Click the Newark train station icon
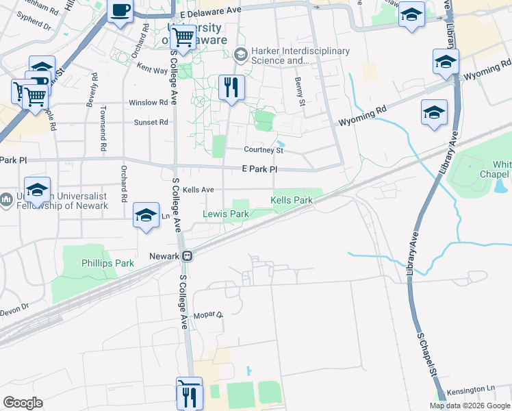point(186,256)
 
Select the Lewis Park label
point(226,214)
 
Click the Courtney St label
point(264,150)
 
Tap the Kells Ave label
point(199,190)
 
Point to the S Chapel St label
point(426,356)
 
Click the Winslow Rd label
point(149,103)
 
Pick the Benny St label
point(298,91)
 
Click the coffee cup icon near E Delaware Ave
point(120,11)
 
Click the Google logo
point(23,403)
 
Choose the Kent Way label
point(152,69)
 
